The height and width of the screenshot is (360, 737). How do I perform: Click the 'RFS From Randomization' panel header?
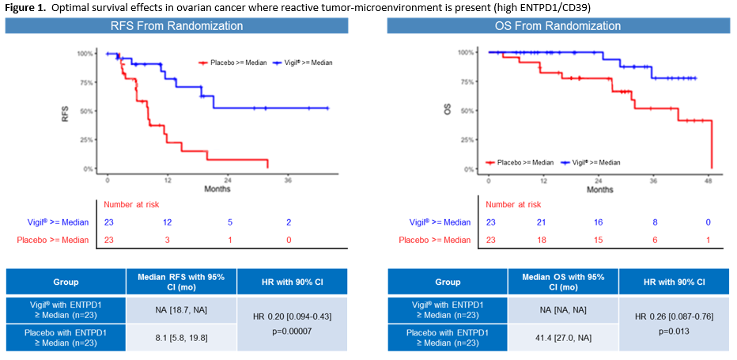click(x=176, y=26)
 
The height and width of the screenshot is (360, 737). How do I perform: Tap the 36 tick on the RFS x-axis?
click(x=288, y=180)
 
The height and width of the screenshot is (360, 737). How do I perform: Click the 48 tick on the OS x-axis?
click(x=709, y=180)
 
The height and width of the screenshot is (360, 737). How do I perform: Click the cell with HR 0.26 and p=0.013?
click(x=674, y=324)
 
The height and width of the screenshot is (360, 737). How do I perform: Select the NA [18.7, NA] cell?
click(x=181, y=309)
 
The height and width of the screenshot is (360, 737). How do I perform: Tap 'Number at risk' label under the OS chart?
click(x=514, y=204)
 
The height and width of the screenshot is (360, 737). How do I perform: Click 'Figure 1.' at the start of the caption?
click(x=25, y=6)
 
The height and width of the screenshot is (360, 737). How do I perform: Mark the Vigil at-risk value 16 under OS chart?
click(x=599, y=222)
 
